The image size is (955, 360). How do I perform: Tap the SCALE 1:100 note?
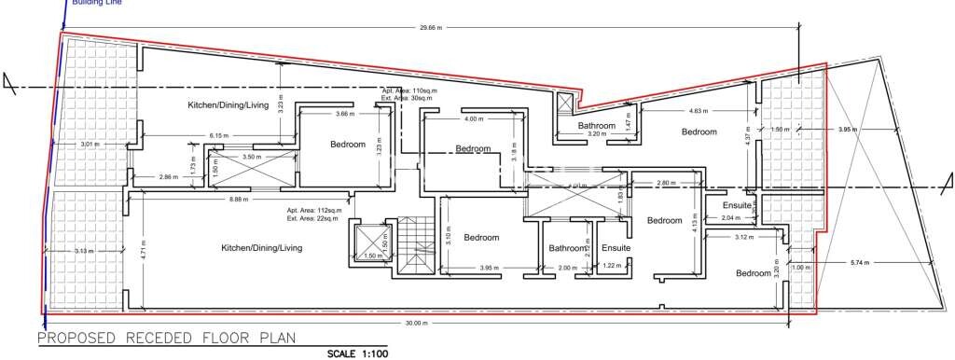355,353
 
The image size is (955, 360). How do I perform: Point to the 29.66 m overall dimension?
430,28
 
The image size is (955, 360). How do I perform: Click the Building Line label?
96,3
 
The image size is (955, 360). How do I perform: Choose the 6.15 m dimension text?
219,136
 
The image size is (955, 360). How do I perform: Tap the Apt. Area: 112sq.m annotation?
316,211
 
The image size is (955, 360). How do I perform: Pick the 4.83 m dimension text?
699,110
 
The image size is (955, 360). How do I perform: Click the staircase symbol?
414,245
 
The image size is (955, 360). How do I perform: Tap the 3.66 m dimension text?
344,114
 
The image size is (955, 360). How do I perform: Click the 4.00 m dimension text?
474,119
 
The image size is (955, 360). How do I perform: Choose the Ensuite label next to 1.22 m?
616,248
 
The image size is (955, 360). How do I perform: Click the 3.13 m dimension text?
84,251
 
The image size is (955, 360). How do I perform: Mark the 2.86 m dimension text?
168,176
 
